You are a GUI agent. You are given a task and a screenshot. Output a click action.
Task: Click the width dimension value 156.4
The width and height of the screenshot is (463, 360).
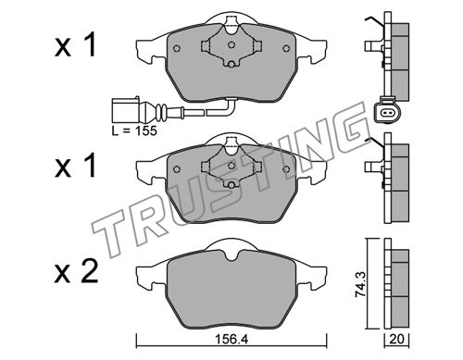coord(231,340)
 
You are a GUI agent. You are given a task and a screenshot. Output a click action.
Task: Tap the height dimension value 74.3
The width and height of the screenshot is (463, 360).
coord(360,283)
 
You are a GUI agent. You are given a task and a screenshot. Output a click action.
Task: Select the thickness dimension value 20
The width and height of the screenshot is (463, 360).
coord(396,340)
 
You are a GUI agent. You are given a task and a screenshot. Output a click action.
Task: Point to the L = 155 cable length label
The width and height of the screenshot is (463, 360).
coord(134,130)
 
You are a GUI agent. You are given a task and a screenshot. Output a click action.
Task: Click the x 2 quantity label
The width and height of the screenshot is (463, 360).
coord(76,272)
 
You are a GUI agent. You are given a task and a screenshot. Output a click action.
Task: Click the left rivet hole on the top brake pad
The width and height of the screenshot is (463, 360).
coord(177,49)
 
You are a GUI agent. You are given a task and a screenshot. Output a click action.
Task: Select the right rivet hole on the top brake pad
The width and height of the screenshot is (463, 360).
coord(286,48)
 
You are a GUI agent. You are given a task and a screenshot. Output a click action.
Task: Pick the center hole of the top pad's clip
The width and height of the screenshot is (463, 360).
coord(231,45)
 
